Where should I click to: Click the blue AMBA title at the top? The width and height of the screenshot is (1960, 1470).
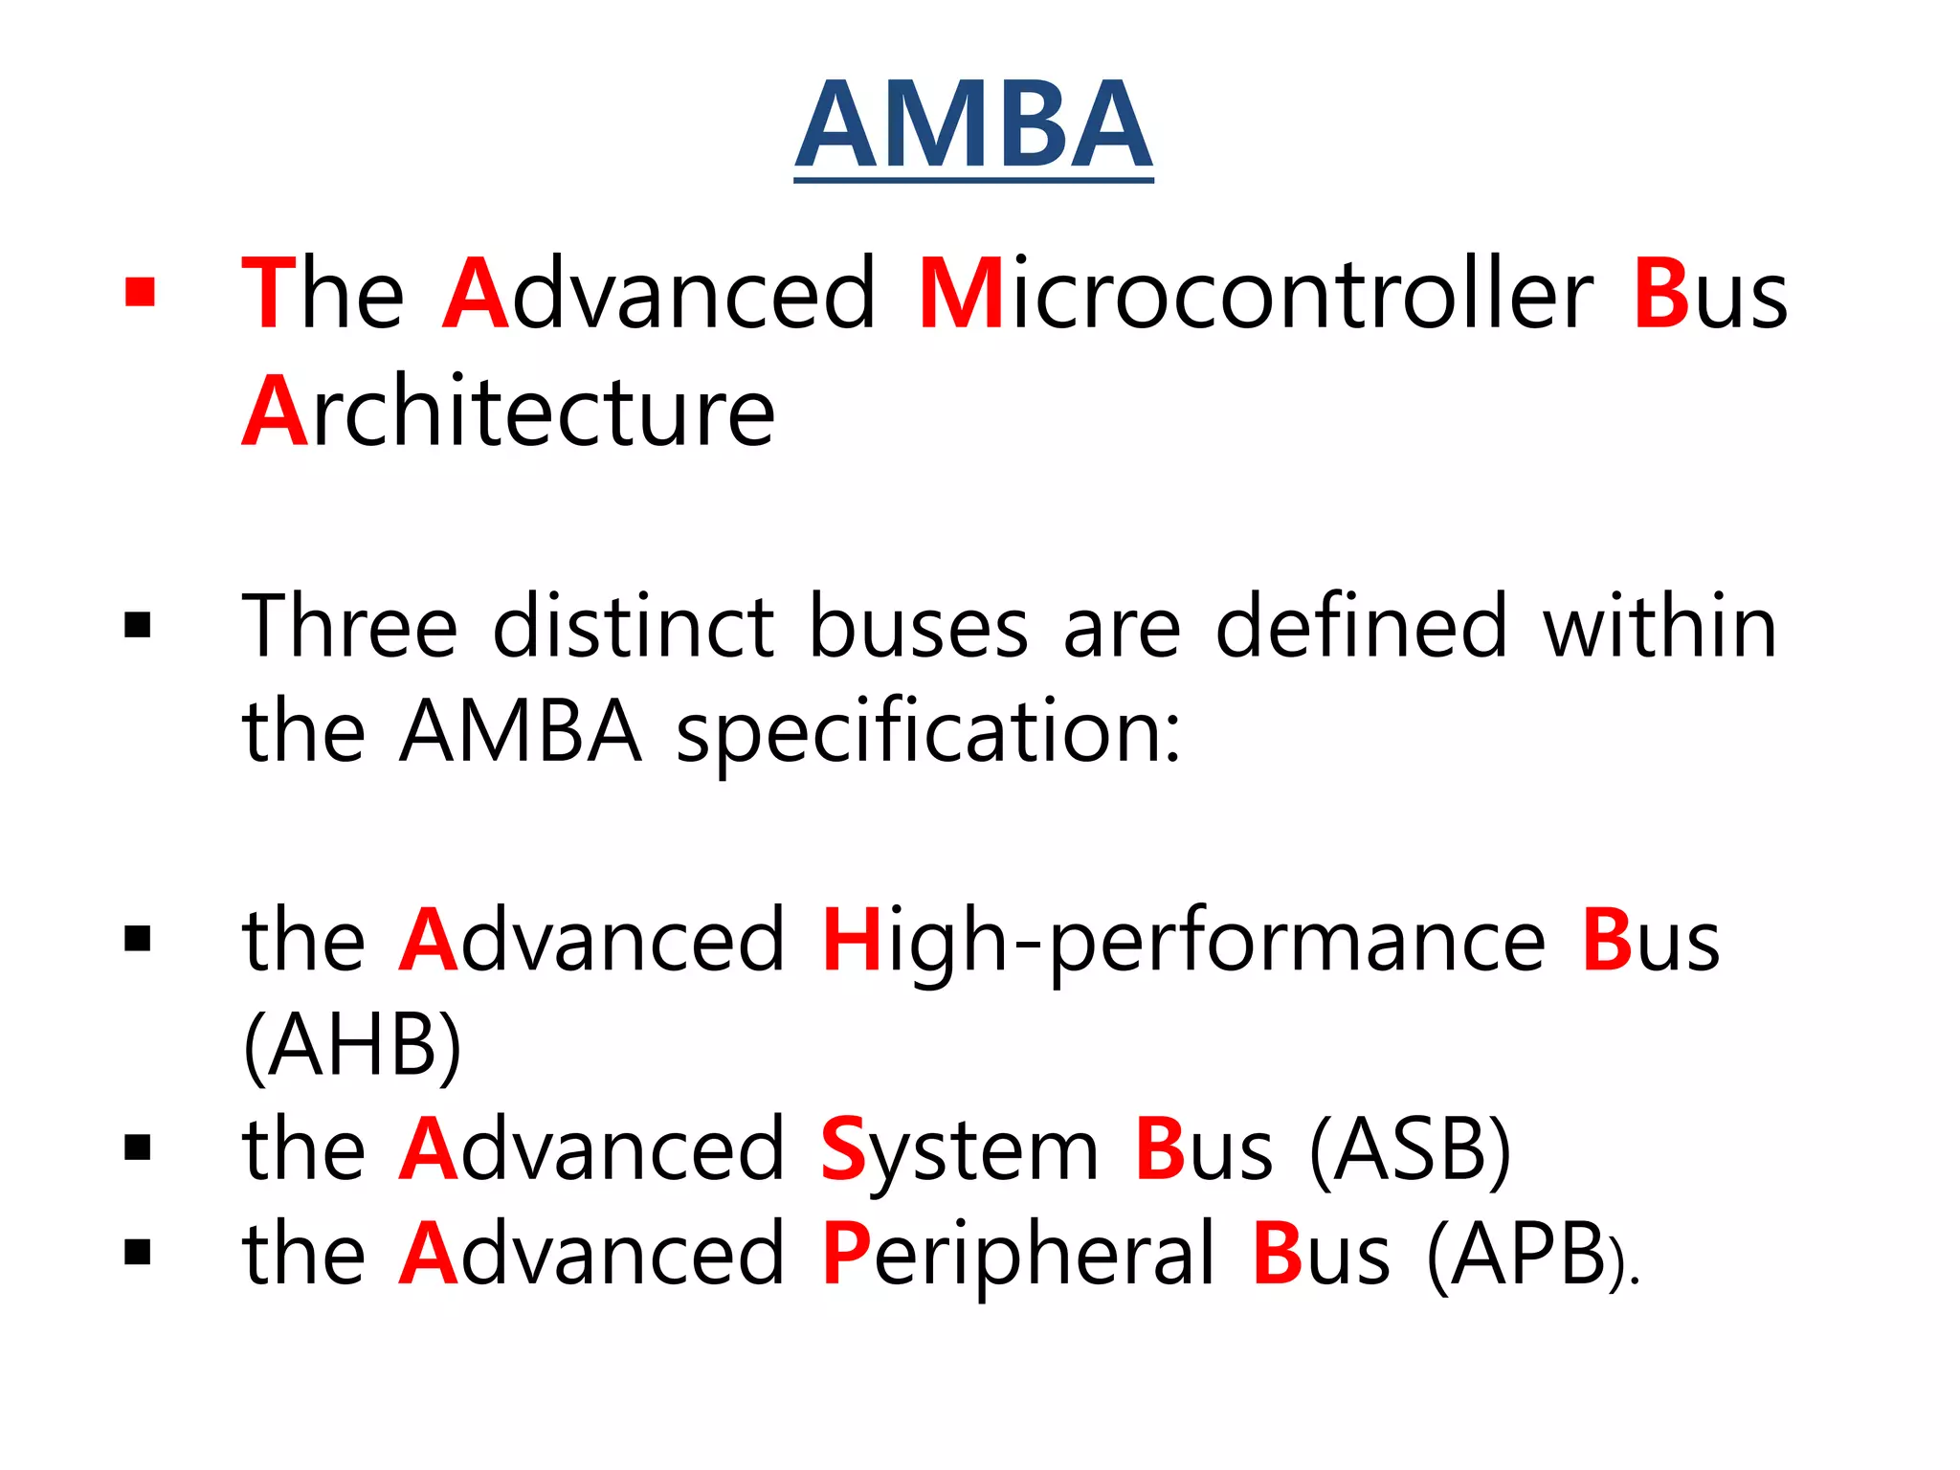973,126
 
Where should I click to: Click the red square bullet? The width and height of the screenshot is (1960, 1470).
140,292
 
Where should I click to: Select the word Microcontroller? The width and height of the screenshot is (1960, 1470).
1256,295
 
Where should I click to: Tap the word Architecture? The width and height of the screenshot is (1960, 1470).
508,412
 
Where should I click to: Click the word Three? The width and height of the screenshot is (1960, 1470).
350,627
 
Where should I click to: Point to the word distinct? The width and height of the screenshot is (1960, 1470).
633,627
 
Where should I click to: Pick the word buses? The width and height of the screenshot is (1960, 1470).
919,629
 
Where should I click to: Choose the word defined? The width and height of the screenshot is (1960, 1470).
1362,627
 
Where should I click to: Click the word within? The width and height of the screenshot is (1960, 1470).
1659,627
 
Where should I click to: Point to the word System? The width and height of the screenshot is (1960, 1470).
960,1151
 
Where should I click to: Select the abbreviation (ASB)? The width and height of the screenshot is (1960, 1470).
1410,1151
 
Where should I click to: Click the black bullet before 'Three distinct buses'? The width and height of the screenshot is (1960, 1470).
138,627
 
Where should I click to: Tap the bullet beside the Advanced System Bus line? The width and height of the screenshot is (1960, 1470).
138,1147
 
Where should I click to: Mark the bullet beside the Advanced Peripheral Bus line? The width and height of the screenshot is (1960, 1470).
138,1252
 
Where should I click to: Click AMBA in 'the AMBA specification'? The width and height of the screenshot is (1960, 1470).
521,732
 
